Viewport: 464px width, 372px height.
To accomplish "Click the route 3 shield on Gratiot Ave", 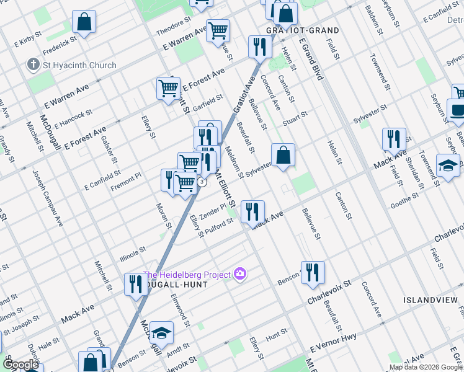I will [202, 182].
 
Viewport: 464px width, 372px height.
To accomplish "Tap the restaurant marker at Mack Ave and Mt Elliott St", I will [252, 211].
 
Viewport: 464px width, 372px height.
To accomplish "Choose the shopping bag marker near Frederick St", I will [84, 22].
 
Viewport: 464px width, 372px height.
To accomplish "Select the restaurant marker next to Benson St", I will [313, 272].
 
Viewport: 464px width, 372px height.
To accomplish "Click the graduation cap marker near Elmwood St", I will [161, 334].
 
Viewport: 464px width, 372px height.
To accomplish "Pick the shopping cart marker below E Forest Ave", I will [168, 89].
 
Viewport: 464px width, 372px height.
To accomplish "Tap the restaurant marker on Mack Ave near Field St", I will [394, 139].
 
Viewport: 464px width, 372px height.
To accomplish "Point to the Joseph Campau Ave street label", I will [48, 198].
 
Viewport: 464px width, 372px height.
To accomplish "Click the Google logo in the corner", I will [20, 365].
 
